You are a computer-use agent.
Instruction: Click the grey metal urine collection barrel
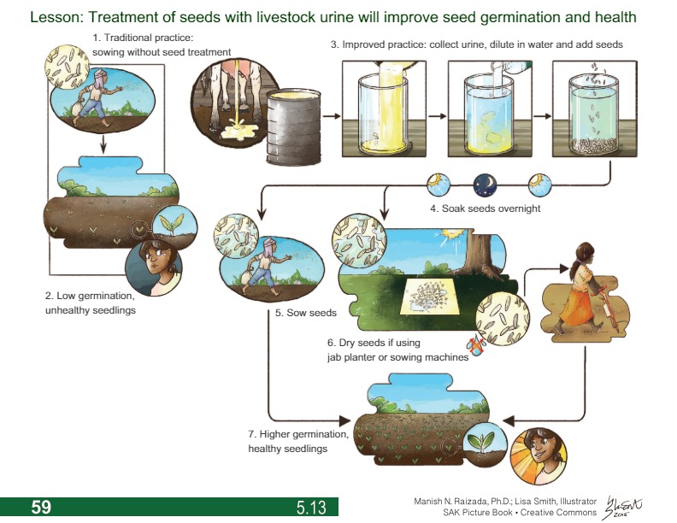[x=292, y=125]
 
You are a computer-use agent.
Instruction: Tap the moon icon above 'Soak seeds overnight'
[x=485, y=184]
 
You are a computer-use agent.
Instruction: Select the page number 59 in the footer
[x=41, y=507]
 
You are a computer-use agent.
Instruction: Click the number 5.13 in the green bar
[x=311, y=508]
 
